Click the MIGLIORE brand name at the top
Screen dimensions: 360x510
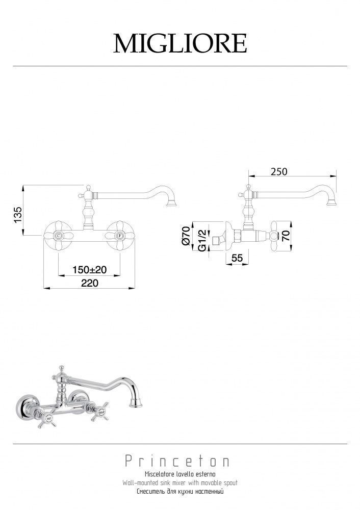click(180, 43)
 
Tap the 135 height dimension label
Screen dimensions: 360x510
click(18, 215)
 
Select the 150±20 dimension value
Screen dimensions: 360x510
click(89, 270)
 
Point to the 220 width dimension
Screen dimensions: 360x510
click(89, 283)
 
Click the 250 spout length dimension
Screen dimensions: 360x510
click(279, 171)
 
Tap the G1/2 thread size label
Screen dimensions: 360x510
click(202, 240)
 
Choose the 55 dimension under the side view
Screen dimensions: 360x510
click(237, 258)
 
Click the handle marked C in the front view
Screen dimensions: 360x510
click(58, 235)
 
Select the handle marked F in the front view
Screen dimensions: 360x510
click(120, 235)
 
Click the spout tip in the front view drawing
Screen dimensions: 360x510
click(171, 203)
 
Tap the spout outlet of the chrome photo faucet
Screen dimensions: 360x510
click(136, 404)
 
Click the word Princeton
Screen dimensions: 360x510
click(177, 461)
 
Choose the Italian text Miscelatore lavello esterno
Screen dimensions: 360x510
click(180, 474)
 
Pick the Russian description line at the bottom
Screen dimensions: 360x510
click(180, 491)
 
